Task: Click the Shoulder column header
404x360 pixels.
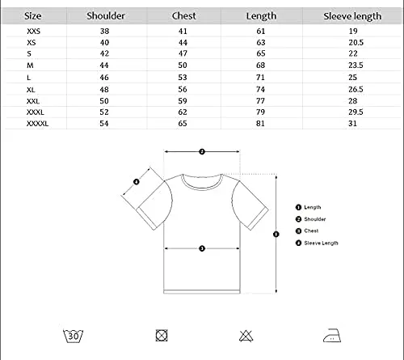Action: pos(106,16)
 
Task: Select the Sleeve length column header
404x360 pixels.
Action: pos(352,16)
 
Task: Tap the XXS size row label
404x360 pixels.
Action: pos(33,32)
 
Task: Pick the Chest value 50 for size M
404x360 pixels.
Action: pos(183,66)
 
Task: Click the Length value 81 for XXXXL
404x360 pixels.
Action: pos(260,124)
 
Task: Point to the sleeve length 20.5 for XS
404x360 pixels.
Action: pos(356,43)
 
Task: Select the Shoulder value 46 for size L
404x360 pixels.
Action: pos(104,78)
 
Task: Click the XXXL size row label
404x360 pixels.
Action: pos(36,112)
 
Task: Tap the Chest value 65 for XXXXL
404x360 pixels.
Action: pos(183,124)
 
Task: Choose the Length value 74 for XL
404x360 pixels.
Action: pos(260,89)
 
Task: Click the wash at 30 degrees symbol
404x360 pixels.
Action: pos(73,336)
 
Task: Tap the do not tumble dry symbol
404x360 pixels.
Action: pos(162,336)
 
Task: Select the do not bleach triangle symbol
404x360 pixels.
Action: pos(246,336)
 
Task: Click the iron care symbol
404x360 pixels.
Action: pos(332,336)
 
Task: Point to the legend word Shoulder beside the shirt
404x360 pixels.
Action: pos(315,219)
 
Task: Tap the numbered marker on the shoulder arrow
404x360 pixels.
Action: pos(202,152)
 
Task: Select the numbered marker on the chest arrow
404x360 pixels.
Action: pos(202,248)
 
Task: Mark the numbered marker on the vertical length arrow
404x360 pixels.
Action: pos(276,234)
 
